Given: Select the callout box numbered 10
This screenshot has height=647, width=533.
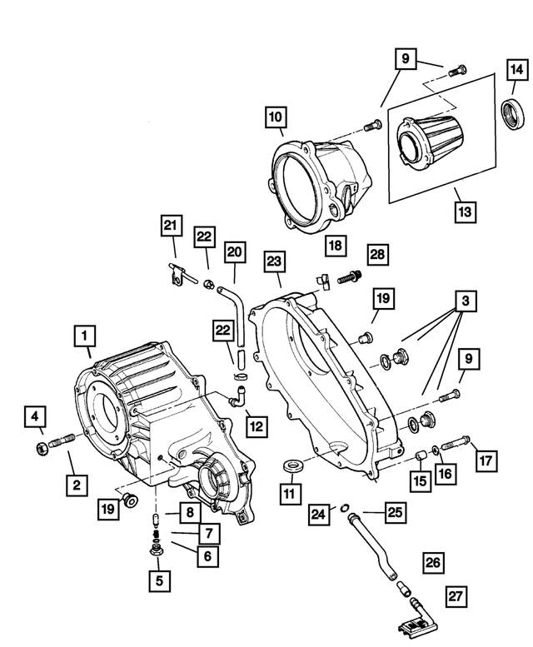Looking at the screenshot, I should point(275,117).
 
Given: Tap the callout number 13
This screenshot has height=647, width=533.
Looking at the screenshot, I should point(465,212).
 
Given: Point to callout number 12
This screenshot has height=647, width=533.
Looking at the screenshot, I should point(256,426).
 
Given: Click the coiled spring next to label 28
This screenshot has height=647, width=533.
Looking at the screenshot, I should point(349,276).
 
